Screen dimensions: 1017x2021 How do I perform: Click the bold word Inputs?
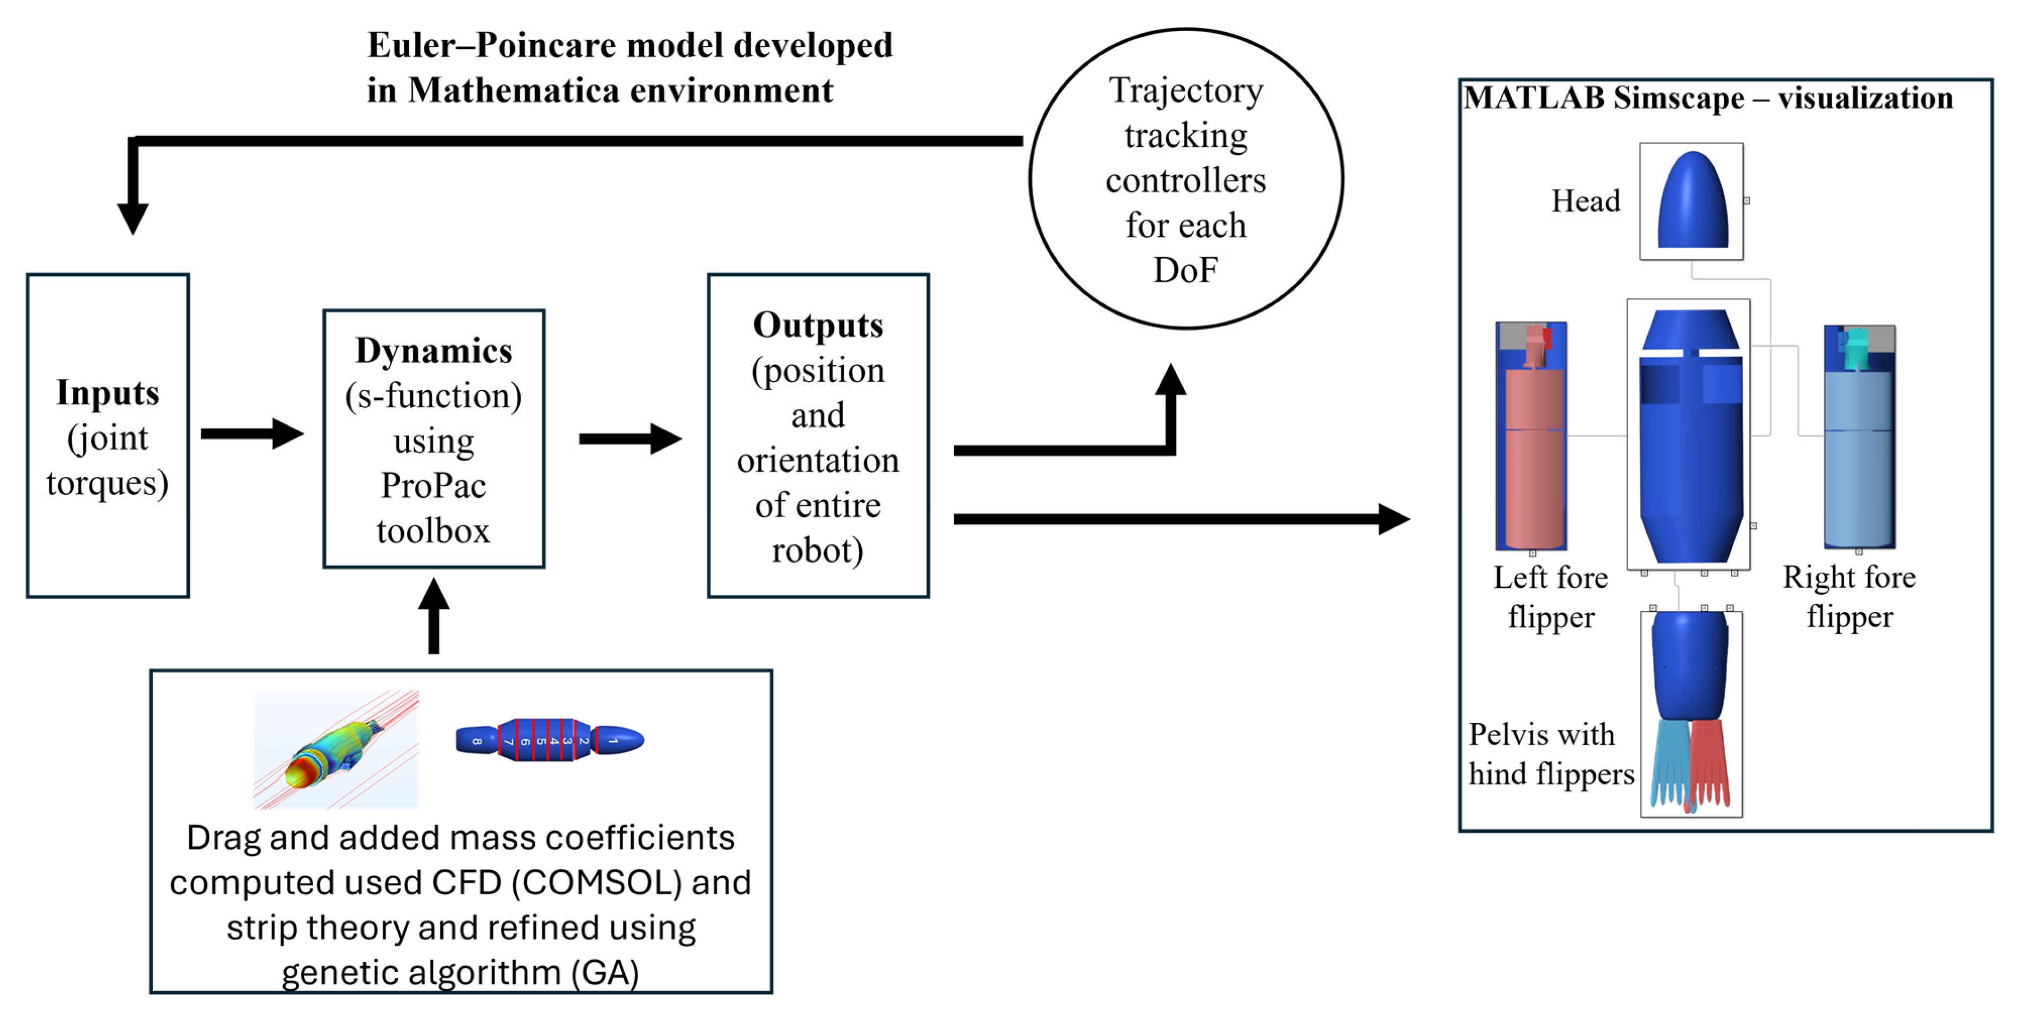click(107, 393)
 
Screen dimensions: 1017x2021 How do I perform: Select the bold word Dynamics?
click(433, 350)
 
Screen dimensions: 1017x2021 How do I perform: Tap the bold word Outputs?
click(818, 325)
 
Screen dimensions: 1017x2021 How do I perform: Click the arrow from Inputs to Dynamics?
click(251, 433)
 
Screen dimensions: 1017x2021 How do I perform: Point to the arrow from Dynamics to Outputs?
click(629, 438)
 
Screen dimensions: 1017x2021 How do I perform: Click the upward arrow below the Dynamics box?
click(433, 616)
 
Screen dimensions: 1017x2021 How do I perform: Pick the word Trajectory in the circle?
click(1186, 91)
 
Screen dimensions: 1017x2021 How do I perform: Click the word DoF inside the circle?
click(1186, 271)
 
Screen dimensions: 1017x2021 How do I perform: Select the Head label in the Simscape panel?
click(1585, 201)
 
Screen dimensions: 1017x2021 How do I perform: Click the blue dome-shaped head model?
click(1691, 201)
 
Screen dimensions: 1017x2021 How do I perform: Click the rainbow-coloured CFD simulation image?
click(336, 749)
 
